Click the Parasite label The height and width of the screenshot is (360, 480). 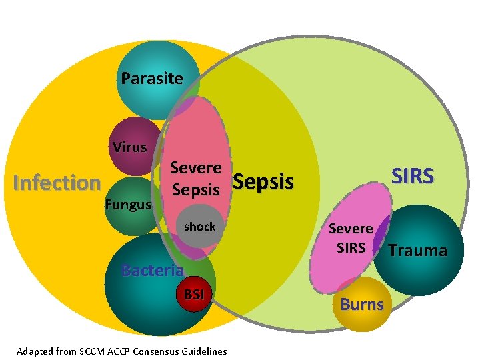152,79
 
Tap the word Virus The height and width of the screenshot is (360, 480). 129,147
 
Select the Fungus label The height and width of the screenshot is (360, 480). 128,205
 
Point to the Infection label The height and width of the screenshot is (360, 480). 57,183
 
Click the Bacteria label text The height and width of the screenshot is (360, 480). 152,270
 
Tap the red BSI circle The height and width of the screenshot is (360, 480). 194,294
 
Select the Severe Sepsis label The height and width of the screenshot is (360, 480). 195,179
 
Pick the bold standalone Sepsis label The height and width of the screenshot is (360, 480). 264,181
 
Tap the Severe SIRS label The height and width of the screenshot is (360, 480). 351,238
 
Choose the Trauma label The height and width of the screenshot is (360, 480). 417,251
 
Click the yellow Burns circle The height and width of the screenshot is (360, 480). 362,305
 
